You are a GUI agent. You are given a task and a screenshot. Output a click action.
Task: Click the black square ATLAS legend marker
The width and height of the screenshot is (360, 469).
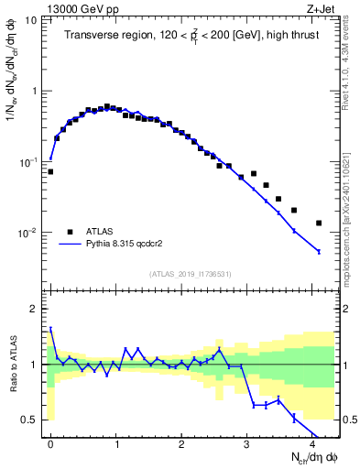70,232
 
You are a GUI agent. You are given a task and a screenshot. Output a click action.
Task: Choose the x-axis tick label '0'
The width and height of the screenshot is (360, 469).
50,443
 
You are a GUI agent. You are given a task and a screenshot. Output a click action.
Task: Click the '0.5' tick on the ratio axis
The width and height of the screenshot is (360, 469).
33,420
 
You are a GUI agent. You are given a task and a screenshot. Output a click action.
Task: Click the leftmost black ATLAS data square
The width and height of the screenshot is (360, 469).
50,171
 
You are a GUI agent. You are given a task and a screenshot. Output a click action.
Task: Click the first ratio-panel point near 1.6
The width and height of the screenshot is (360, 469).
50,328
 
